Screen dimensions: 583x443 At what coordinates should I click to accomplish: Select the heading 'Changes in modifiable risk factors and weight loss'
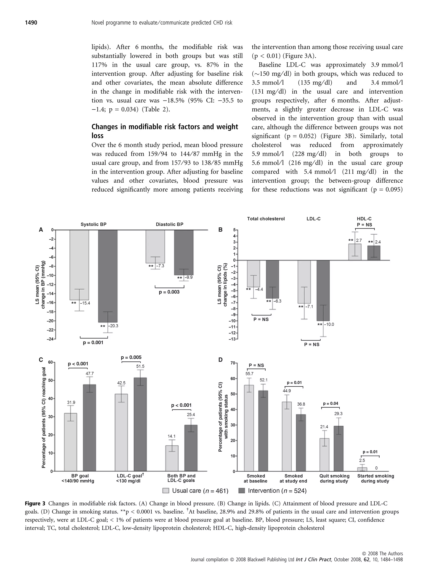165,131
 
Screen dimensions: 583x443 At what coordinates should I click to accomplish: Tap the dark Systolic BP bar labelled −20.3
108,276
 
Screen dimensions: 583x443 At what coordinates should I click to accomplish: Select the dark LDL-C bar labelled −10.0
323,290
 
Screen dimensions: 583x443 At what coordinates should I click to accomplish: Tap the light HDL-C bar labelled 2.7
355,252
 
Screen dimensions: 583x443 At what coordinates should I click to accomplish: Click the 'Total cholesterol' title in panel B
266,219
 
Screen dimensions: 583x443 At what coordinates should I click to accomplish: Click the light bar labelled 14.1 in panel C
172,458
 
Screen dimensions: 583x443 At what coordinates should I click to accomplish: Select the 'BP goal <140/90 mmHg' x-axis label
78,478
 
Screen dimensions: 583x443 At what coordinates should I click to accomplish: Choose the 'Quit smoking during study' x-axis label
334,478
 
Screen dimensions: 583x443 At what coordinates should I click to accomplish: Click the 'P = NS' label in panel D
256,365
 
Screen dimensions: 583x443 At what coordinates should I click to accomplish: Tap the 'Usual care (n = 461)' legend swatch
166,491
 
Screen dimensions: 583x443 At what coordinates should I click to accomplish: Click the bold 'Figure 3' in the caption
35,503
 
